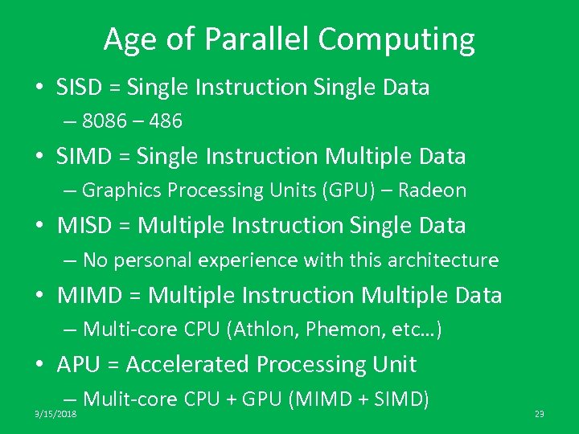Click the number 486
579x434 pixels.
pyautogui.click(x=166, y=121)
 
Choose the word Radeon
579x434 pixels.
pyautogui.click(x=433, y=190)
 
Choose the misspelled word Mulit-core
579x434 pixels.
pyautogui.click(x=130, y=399)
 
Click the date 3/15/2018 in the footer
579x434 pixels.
pyautogui.click(x=55, y=414)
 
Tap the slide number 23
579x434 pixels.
pyautogui.click(x=540, y=414)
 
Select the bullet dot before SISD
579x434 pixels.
pyautogui.click(x=40, y=88)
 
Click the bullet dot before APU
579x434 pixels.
pyautogui.click(x=40, y=366)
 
